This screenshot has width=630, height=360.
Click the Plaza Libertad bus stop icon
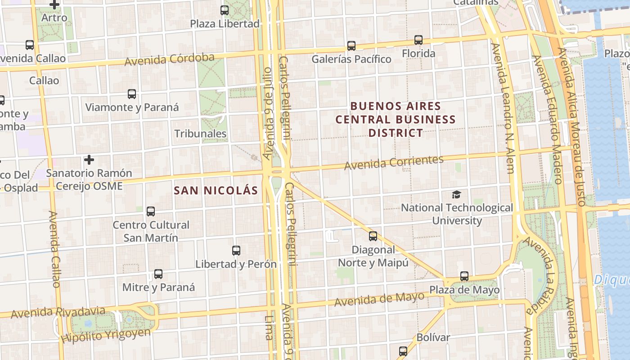click(x=225, y=10)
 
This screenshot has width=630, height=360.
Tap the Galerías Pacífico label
click(x=351, y=59)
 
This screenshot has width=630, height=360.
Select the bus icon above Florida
click(x=418, y=40)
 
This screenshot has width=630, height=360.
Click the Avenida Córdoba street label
click(x=169, y=59)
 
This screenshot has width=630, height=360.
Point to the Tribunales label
click(x=200, y=134)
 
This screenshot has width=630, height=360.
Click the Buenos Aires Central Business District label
click(x=396, y=119)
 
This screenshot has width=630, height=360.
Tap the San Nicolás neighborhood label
click(x=216, y=190)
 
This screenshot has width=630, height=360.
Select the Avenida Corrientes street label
click(x=394, y=162)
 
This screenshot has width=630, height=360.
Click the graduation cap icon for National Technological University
click(x=457, y=194)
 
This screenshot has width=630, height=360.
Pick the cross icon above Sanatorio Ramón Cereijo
click(x=89, y=160)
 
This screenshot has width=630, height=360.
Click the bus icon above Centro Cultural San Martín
click(x=151, y=211)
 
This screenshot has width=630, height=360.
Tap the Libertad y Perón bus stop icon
click(x=236, y=251)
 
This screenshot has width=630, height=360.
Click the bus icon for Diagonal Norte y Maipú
click(x=373, y=236)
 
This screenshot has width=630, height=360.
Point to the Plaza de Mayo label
click(x=464, y=290)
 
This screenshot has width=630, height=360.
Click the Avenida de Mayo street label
click(x=379, y=299)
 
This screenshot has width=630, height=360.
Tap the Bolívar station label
click(x=433, y=337)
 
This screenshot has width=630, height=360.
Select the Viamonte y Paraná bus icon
click(x=132, y=94)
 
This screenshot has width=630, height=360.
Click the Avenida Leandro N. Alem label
click(x=503, y=108)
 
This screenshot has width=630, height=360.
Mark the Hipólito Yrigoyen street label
click(x=106, y=334)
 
